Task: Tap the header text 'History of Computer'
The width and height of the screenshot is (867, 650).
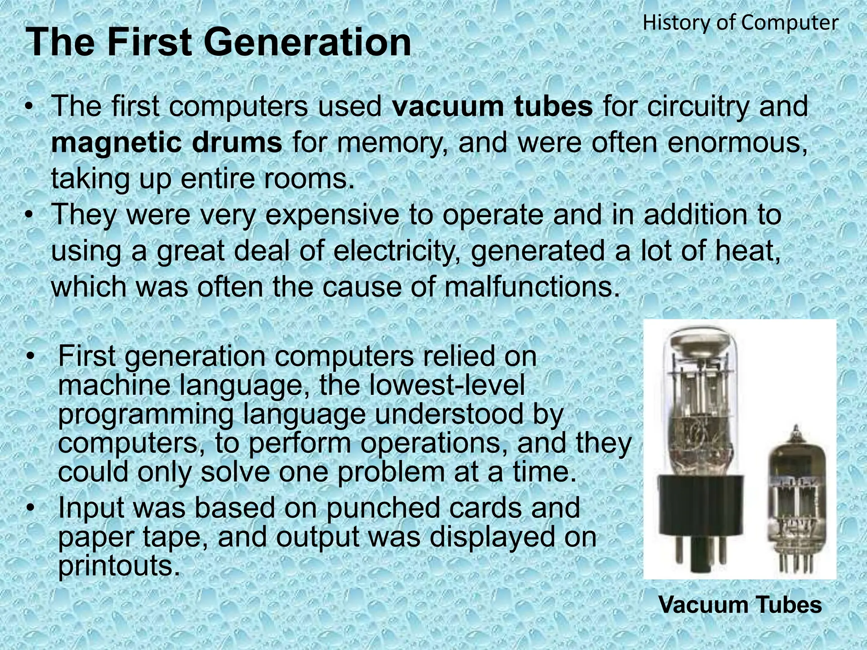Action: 740,23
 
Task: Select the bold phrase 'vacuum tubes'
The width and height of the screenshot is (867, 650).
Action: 492,106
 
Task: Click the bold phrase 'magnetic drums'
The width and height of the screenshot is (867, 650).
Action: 166,143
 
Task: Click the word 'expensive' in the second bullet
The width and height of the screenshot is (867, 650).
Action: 332,215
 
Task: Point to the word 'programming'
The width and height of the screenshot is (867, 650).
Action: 145,414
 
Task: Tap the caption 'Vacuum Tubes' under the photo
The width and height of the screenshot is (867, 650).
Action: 740,605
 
